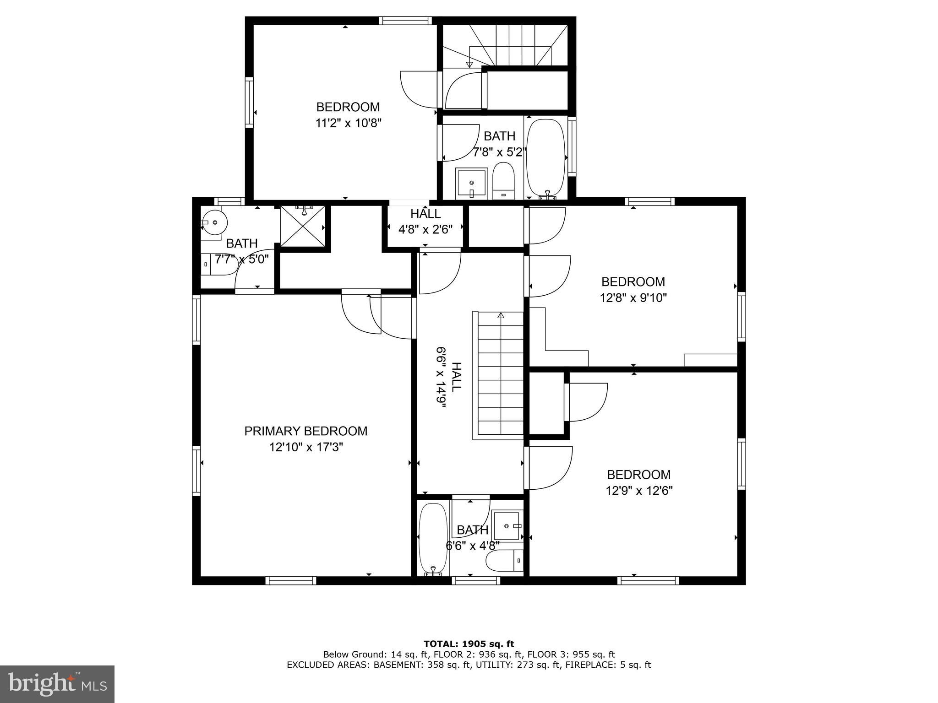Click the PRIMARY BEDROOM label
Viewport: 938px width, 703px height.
coord(305,431)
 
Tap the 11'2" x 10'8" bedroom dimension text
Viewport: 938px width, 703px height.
coord(348,123)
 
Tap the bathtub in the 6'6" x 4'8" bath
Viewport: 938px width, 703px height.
coord(433,539)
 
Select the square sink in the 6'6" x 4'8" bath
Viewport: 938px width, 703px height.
coord(507,526)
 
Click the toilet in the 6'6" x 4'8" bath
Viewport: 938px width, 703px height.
coord(504,561)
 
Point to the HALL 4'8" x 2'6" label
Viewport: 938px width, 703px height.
coord(425,222)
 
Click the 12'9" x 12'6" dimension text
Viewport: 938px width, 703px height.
coord(639,491)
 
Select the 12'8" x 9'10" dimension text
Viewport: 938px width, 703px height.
coord(633,298)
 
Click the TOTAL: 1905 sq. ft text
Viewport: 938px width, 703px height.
coord(469,644)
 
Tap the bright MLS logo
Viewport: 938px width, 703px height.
coord(57,684)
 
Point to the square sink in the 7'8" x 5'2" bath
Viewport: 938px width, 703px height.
coord(472,183)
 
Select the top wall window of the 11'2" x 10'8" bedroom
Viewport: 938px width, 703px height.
coord(405,20)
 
